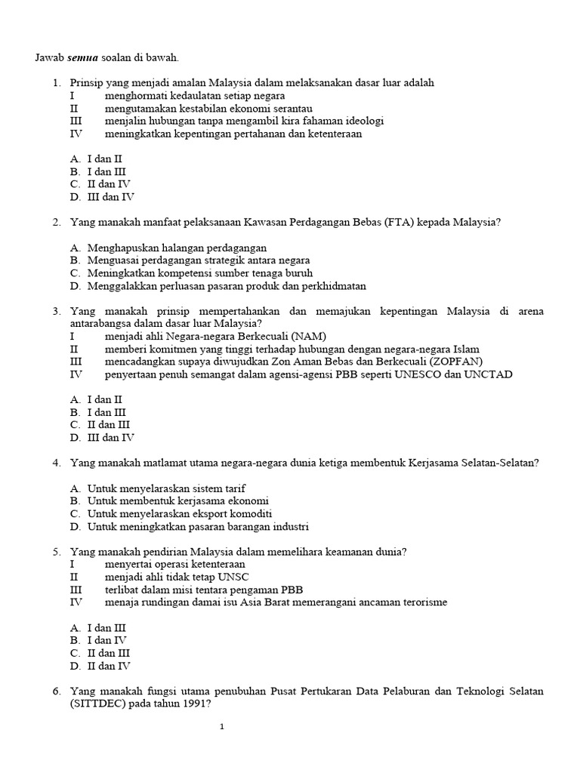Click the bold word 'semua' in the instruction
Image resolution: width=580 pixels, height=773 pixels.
[82, 57]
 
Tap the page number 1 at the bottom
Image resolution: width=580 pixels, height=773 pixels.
[222, 727]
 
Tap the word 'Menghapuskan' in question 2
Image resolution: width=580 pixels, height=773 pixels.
[120, 248]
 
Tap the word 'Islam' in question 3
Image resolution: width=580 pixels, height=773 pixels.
[466, 349]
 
